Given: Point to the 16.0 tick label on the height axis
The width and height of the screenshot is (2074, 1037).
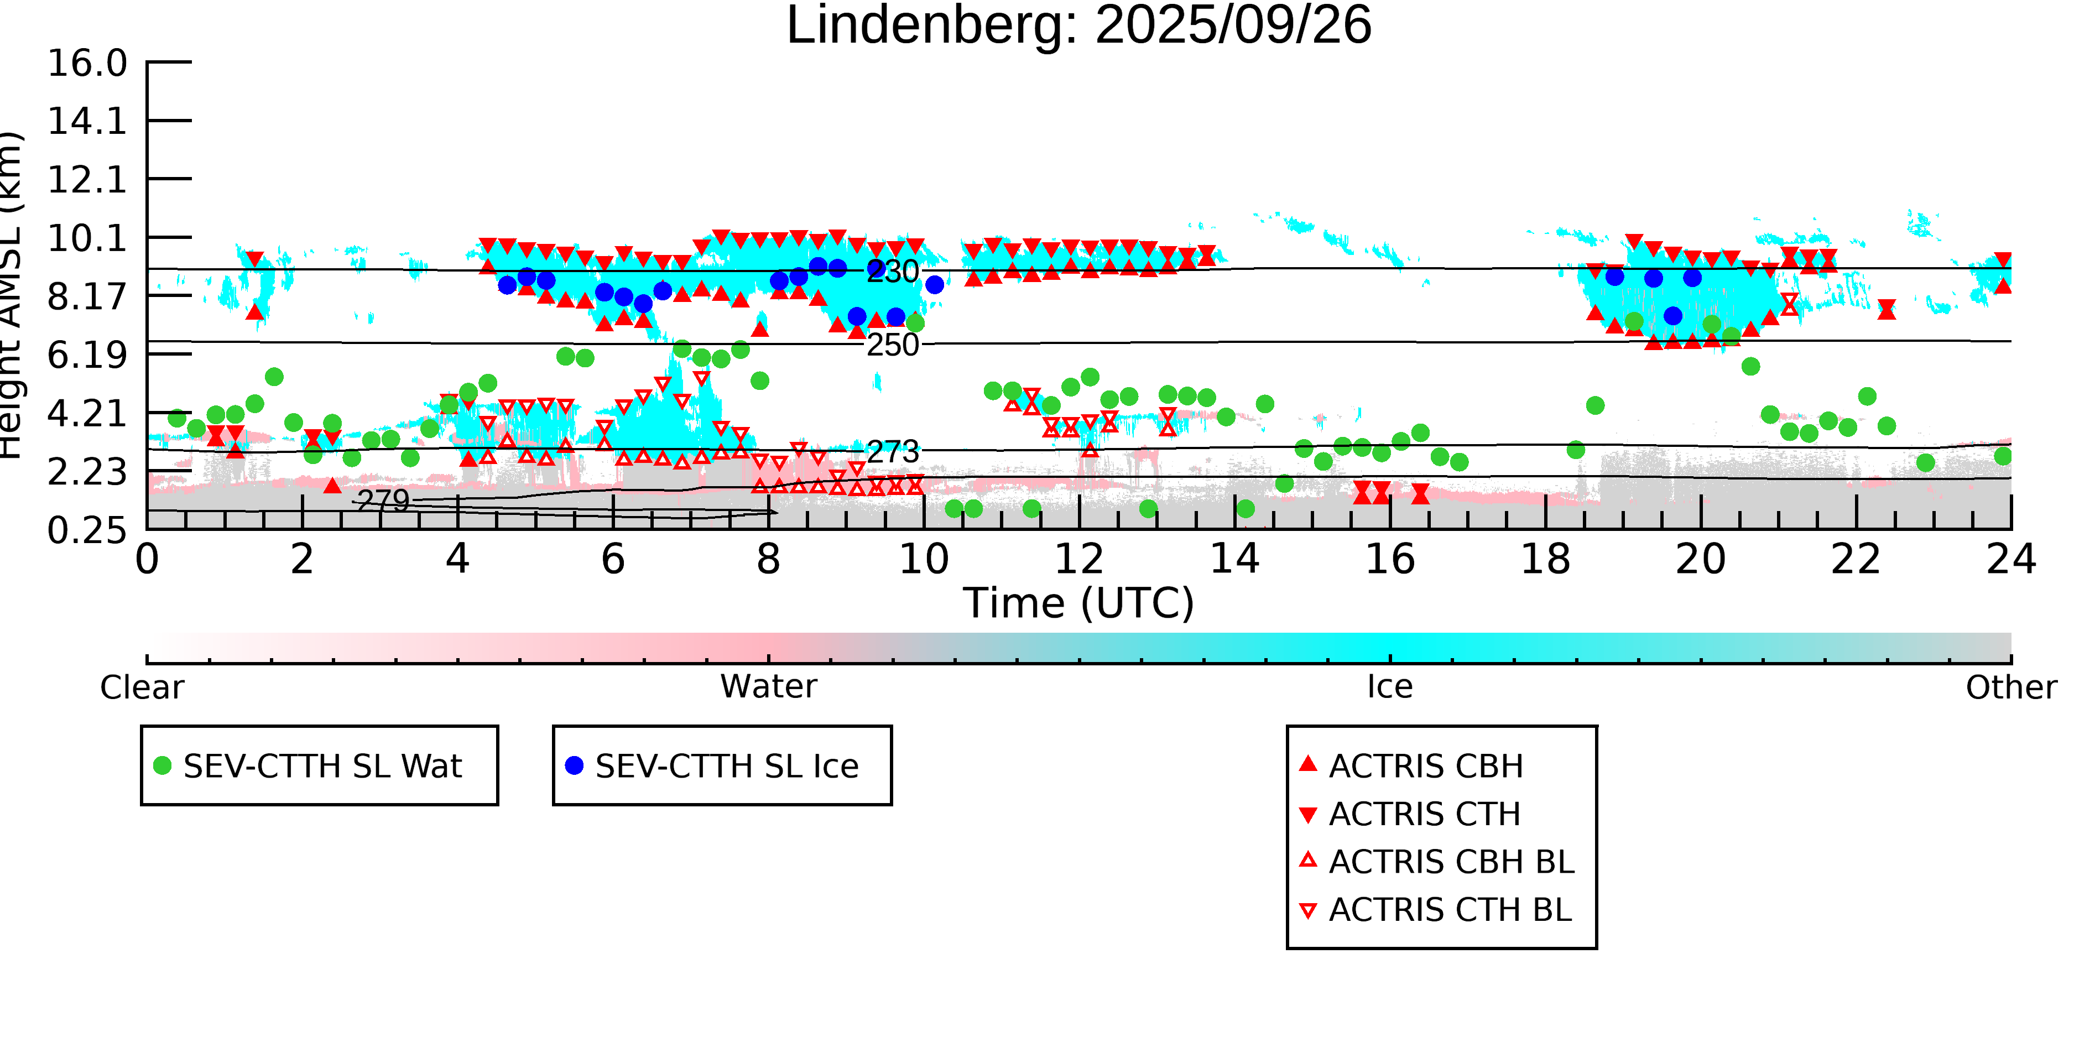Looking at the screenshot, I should pos(87,63).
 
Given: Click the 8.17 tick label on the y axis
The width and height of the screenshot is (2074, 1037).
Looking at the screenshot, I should pos(87,297).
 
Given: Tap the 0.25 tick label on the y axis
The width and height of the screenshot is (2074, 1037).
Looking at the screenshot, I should pos(87,530).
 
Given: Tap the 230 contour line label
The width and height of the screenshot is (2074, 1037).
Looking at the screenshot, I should pos(892,272).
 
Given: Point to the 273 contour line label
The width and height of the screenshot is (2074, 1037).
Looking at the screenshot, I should pos(892,452).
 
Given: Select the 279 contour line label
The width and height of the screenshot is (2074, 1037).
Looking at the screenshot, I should pos(383,501).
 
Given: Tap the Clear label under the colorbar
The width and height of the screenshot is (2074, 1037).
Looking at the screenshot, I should pos(142,687).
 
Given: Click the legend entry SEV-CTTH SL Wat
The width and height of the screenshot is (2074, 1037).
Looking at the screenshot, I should pos(322,765).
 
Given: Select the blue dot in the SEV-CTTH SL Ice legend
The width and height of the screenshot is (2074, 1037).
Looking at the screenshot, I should pos(574,765).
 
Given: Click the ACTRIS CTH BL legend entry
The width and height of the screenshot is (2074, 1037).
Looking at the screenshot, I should pos(1449,910).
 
